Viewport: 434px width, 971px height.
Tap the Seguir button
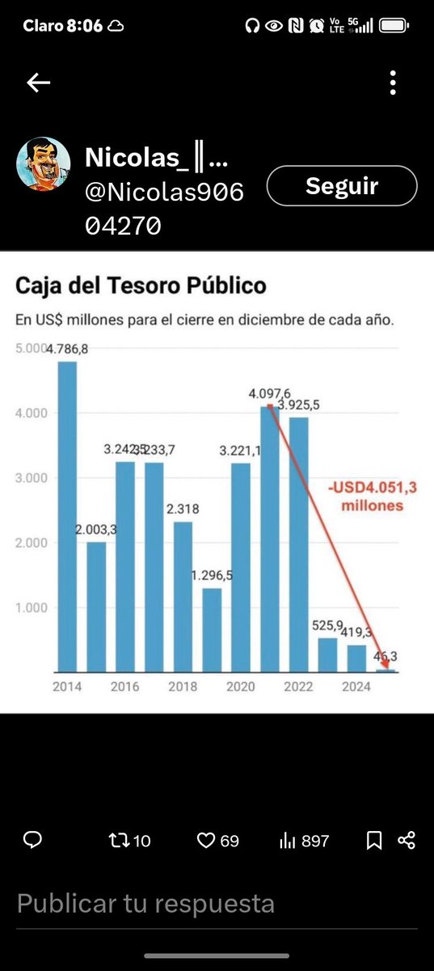(x=341, y=187)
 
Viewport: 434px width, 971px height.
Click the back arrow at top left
(x=38, y=83)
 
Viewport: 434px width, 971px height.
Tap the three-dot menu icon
(x=393, y=83)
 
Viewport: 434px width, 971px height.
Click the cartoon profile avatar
(x=43, y=164)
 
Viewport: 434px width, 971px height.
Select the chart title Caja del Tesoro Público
(x=141, y=286)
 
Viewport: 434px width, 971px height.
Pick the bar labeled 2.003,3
(x=96, y=607)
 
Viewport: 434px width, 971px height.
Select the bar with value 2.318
(x=183, y=596)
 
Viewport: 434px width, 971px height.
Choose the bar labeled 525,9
(x=327, y=655)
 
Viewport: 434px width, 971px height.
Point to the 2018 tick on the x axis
(x=182, y=687)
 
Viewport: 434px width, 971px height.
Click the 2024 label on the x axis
(x=356, y=687)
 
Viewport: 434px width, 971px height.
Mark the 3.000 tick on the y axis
(x=31, y=478)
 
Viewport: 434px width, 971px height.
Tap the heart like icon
(x=206, y=841)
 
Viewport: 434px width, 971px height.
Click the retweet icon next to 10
(x=118, y=841)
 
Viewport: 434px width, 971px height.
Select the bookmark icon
(x=373, y=841)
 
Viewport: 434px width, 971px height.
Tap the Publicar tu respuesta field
(x=145, y=903)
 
